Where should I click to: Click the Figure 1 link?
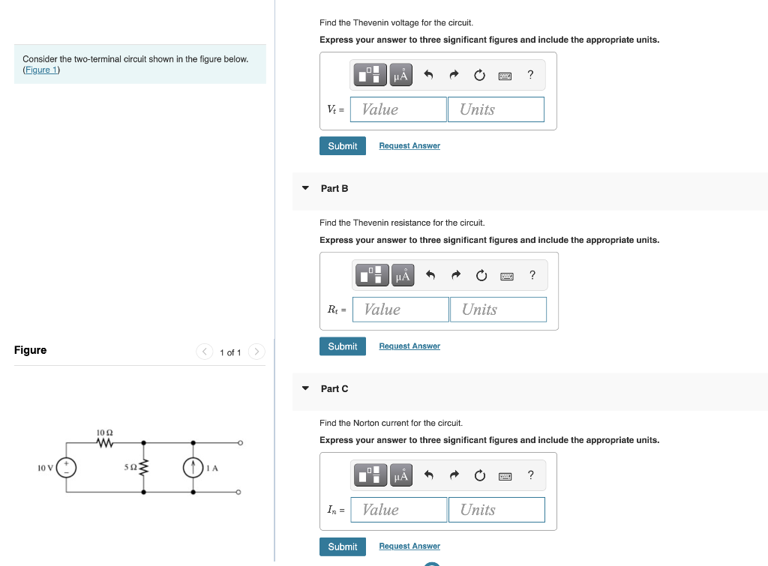41,70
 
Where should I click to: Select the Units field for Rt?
498,310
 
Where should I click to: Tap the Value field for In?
397,510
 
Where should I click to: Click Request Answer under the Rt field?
409,346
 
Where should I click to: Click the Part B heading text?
334,188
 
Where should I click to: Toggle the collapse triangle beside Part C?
305,388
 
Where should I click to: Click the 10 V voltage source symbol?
67,468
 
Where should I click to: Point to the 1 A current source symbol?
193,468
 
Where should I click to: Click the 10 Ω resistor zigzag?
104,443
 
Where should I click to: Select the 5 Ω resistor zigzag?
144,468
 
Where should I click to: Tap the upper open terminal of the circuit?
239,443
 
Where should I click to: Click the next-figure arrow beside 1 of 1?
256,352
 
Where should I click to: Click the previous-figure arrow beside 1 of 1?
205,352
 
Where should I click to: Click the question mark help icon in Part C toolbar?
530,475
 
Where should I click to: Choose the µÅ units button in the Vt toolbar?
401,75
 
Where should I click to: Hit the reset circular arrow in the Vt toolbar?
479,75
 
